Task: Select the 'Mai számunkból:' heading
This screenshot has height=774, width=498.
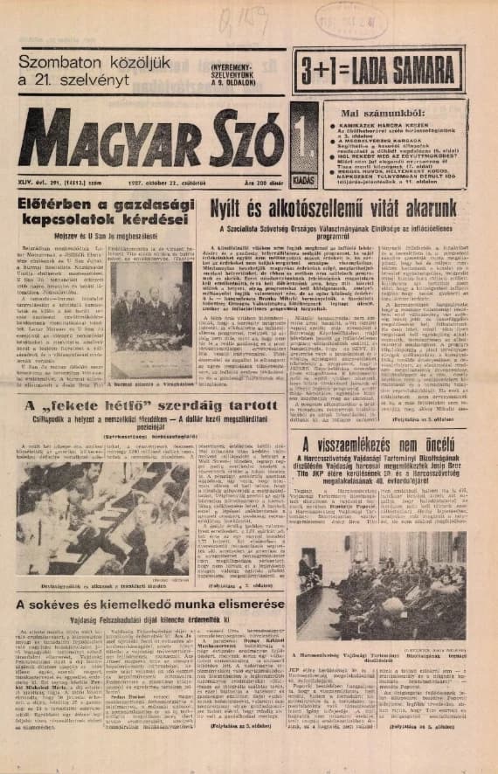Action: (392, 113)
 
